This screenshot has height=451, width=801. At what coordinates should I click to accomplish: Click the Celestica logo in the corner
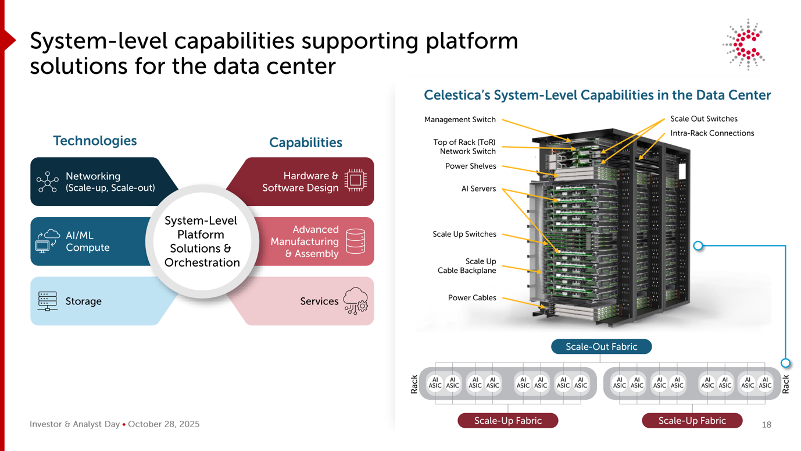[744, 44]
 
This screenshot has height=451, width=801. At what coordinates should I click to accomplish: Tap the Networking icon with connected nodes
[47, 182]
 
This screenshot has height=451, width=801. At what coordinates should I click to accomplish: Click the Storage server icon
[47, 301]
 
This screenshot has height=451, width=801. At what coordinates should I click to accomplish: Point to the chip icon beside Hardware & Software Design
[355, 180]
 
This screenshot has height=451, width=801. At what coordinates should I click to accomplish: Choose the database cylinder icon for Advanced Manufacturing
[355, 241]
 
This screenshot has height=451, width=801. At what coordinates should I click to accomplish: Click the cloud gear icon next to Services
[355, 301]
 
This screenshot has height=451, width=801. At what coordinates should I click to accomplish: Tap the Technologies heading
[95, 140]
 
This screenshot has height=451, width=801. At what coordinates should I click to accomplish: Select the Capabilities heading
[305, 143]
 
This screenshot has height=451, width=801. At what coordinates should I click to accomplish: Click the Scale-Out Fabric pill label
[601, 347]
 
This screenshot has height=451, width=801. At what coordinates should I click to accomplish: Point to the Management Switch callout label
[460, 120]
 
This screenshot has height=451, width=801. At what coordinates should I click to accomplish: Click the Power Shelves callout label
[470, 166]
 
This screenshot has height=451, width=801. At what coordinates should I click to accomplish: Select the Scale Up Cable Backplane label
[467, 266]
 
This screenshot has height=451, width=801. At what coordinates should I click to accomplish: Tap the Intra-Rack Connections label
[712, 133]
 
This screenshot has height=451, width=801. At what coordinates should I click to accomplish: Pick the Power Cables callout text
[472, 298]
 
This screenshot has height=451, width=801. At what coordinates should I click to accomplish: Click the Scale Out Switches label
[703, 119]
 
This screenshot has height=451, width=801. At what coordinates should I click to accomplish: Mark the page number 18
[766, 425]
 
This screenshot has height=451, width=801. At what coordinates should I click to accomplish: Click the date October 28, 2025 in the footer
[163, 424]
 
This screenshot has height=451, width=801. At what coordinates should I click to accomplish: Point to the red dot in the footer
[124, 424]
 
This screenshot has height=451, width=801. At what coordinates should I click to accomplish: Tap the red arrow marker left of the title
[9, 41]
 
